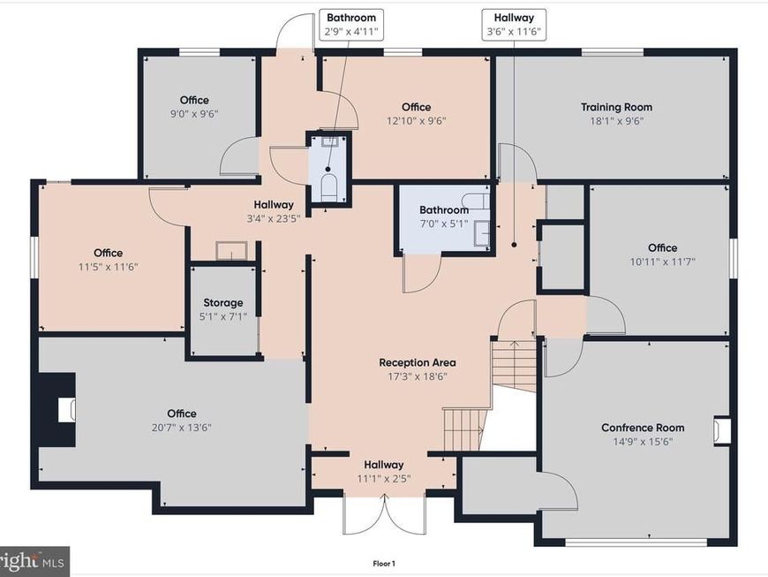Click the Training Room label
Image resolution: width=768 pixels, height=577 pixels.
616,107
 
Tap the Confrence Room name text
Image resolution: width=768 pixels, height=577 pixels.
643,428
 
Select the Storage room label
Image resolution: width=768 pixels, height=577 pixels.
222,302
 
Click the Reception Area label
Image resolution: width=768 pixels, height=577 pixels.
418,363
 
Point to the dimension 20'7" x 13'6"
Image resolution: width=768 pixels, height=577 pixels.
182,428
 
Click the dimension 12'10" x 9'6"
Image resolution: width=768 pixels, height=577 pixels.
417,120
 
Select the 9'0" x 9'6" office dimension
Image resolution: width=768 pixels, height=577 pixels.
194,114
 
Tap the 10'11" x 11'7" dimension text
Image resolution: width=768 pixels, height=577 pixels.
663,262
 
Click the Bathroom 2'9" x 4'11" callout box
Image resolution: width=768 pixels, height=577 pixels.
351,25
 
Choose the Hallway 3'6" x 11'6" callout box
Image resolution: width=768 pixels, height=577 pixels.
514,25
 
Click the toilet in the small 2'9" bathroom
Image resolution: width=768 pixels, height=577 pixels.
328,187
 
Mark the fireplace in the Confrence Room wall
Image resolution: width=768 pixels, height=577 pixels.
721,431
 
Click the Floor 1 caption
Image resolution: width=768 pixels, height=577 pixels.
384,564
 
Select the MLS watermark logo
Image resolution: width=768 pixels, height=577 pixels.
34,561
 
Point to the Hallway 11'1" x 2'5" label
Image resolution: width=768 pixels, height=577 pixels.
384,471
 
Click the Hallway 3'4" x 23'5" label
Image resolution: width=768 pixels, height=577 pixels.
274,211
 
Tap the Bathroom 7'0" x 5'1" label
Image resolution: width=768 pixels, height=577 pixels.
444,216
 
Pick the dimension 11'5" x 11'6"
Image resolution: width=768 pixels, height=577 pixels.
109,267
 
